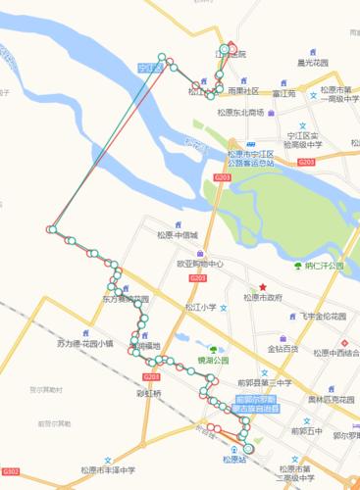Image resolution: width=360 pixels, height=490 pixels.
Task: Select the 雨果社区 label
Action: click(243, 91)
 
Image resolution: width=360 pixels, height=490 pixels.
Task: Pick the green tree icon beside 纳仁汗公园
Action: click(295, 266)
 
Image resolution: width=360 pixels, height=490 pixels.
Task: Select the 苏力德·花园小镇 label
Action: click(85, 344)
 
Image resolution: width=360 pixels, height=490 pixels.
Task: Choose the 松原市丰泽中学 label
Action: click(107, 470)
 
